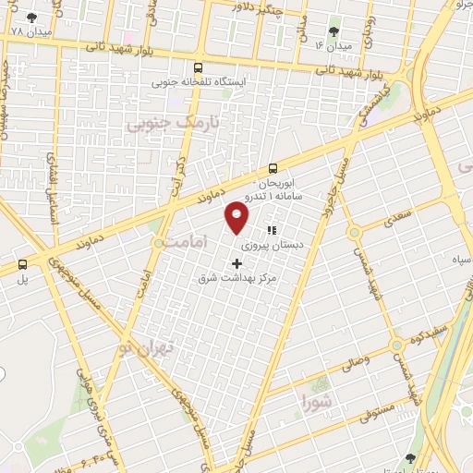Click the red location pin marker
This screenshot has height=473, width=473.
point(237,216)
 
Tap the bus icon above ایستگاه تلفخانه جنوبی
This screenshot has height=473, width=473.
point(198,67)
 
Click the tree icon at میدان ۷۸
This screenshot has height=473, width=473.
point(32,18)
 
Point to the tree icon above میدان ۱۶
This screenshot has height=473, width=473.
point(334,31)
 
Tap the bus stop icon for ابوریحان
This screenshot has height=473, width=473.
point(273,169)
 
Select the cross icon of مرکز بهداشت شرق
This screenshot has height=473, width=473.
point(236,263)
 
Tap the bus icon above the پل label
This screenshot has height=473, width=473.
point(22,263)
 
